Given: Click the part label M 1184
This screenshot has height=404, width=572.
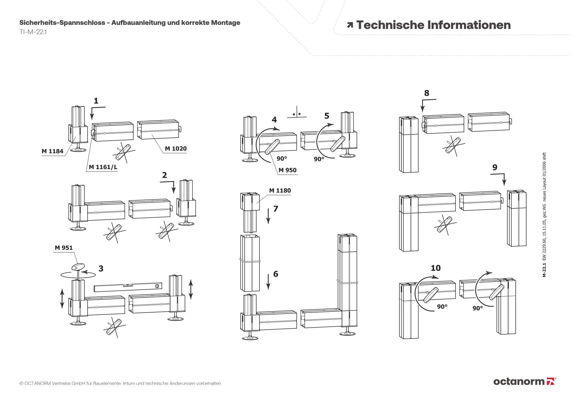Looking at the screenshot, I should pyautogui.click(x=52, y=151).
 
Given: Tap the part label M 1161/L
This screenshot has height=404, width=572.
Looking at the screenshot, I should pyautogui.click(x=103, y=167).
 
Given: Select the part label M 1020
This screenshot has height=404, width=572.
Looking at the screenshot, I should pyautogui.click(x=176, y=149).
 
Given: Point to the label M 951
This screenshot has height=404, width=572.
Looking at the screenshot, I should pyautogui.click(x=64, y=248).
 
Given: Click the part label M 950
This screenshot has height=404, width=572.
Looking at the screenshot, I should pyautogui.click(x=287, y=170).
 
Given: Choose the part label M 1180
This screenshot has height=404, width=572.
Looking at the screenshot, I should pyautogui.click(x=280, y=190).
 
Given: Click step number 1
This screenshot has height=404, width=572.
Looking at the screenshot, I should pyautogui.click(x=96, y=101).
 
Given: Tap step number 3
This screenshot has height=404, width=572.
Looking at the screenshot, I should pyautogui.click(x=101, y=268).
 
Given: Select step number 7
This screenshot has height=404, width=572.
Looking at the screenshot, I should pyautogui.click(x=276, y=209).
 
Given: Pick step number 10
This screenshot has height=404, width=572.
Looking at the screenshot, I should pyautogui.click(x=436, y=268).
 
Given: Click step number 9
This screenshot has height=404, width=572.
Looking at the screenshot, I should pyautogui.click(x=495, y=167).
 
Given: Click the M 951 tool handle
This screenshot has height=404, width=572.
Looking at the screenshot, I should pyautogui.click(x=78, y=267).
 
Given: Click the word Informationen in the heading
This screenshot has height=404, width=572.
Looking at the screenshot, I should pyautogui.click(x=469, y=25).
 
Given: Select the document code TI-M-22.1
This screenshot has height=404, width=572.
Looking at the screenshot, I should pyautogui.click(x=33, y=32).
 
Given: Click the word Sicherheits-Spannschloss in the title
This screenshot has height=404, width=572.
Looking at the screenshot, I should pyautogui.click(x=62, y=23).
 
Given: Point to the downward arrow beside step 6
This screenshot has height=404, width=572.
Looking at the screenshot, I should pyautogui.click(x=268, y=282).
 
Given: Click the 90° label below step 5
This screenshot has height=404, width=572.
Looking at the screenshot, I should pyautogui.click(x=319, y=159).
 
